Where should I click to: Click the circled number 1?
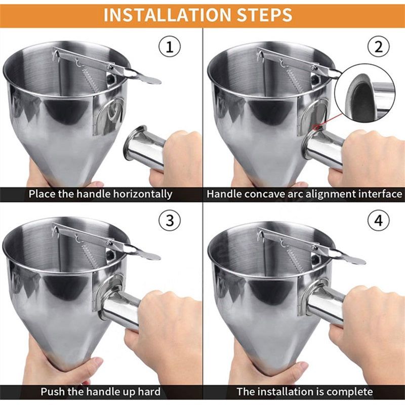170,48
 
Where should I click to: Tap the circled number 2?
378,48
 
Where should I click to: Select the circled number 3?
170,221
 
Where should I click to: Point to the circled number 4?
378,221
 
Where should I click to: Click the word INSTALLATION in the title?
159,15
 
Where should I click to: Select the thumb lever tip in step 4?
354,260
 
